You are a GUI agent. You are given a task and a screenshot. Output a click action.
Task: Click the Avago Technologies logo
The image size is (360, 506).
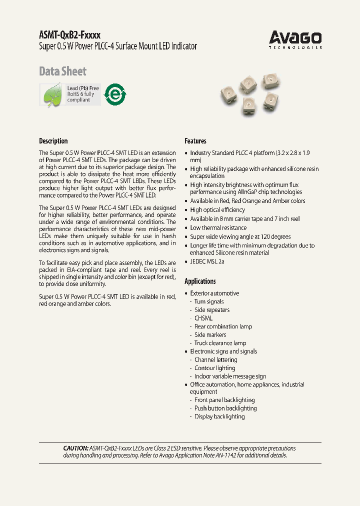point(295,39)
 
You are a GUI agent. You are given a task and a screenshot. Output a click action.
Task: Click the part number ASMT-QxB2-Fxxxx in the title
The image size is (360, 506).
point(69,35)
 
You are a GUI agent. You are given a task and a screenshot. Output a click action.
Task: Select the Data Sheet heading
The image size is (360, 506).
point(62,71)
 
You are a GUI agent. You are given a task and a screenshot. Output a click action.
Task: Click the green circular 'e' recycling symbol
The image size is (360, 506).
point(115,94)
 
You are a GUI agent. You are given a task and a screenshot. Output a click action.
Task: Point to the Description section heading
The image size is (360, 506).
point(53,141)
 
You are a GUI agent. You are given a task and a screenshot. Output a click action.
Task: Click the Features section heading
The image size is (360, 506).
point(195,141)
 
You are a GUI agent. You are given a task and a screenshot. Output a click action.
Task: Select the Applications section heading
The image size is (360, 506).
point(200,281)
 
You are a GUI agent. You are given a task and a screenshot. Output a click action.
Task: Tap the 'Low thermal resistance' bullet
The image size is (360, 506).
point(218,228)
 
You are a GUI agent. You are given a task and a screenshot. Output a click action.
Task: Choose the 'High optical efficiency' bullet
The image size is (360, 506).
point(217,210)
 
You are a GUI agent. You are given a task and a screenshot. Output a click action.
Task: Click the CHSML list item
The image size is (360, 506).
point(203,318)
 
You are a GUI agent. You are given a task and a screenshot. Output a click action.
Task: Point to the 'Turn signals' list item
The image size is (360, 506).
point(209,301)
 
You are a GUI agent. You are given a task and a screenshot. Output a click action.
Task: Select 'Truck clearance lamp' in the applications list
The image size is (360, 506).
point(220,343)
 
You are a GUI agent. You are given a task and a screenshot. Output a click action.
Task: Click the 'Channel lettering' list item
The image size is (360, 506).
point(215,359)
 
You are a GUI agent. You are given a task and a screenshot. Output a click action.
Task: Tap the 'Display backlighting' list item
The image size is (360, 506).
point(219,416)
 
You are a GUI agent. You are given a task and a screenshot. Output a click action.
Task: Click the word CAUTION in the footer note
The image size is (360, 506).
point(75,448)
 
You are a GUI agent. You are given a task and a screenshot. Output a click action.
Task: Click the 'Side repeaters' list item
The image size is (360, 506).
point(212,310)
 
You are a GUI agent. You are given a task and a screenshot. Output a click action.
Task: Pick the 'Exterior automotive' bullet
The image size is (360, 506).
point(214,293)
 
